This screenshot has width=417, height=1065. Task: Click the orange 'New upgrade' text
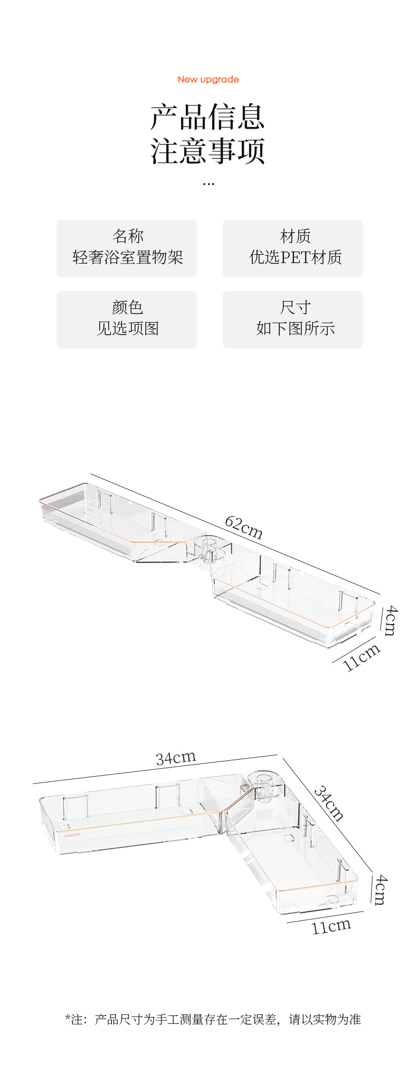click(208, 80)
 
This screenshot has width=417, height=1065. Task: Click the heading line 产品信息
click(207, 117)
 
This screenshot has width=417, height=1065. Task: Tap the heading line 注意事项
click(207, 151)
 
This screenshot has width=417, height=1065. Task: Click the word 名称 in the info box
click(127, 236)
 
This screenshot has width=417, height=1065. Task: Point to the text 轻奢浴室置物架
click(127, 257)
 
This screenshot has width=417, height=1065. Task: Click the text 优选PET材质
click(295, 257)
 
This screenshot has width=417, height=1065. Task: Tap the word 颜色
click(127, 307)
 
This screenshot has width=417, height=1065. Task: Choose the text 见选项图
click(127, 328)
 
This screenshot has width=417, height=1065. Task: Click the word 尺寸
click(295, 307)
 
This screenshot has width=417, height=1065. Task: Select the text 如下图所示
click(295, 328)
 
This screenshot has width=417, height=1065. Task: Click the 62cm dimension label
click(243, 527)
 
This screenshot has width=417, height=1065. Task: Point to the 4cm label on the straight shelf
click(390, 621)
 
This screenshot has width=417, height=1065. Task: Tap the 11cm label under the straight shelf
click(362, 657)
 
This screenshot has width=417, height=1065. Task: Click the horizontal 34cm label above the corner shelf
click(176, 758)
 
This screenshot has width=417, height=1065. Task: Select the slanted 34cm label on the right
click(329, 803)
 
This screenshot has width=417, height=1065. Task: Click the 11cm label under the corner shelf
click(331, 926)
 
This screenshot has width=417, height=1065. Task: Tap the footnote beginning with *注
click(213, 1019)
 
